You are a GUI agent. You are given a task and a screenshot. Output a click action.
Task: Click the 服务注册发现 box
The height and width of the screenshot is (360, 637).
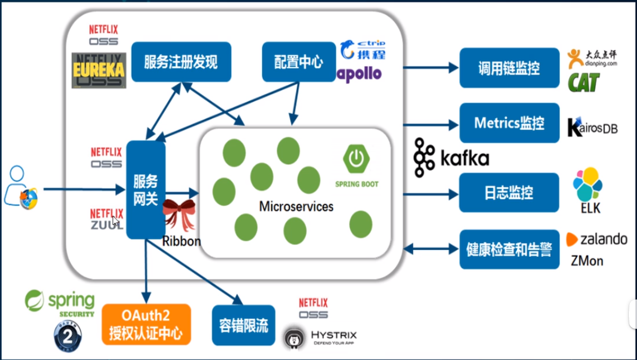(x=181, y=62)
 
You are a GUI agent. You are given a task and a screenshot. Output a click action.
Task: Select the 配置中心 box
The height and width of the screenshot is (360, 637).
(x=298, y=62)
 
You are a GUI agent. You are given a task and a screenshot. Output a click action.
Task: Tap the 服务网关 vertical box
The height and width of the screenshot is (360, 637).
(x=145, y=190)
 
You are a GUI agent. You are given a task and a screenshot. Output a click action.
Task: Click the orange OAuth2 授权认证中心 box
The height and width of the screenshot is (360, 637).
(x=146, y=324)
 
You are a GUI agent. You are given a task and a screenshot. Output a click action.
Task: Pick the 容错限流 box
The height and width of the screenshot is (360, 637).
(x=243, y=325)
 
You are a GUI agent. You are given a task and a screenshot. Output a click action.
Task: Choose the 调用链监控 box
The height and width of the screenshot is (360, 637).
(x=509, y=68)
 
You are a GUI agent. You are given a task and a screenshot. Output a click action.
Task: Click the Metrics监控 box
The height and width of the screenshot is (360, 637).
(x=509, y=123)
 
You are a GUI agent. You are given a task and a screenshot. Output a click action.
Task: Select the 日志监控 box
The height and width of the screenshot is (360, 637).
(x=509, y=193)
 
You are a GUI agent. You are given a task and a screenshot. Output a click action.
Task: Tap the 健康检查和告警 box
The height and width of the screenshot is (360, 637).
(x=509, y=249)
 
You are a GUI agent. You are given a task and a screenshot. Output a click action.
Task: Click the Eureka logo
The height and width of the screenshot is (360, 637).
(x=99, y=70)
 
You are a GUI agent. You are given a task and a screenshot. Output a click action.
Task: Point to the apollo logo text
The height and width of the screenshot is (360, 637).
(x=359, y=74)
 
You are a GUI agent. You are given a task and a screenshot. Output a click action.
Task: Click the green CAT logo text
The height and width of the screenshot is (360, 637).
(x=584, y=83)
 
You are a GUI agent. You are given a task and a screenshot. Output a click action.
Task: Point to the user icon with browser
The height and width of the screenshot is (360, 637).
(x=21, y=187)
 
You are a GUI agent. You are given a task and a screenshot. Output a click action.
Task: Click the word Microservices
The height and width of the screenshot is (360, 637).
(x=296, y=207)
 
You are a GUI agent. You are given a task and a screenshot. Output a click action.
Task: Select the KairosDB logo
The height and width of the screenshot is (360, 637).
(x=592, y=127)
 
